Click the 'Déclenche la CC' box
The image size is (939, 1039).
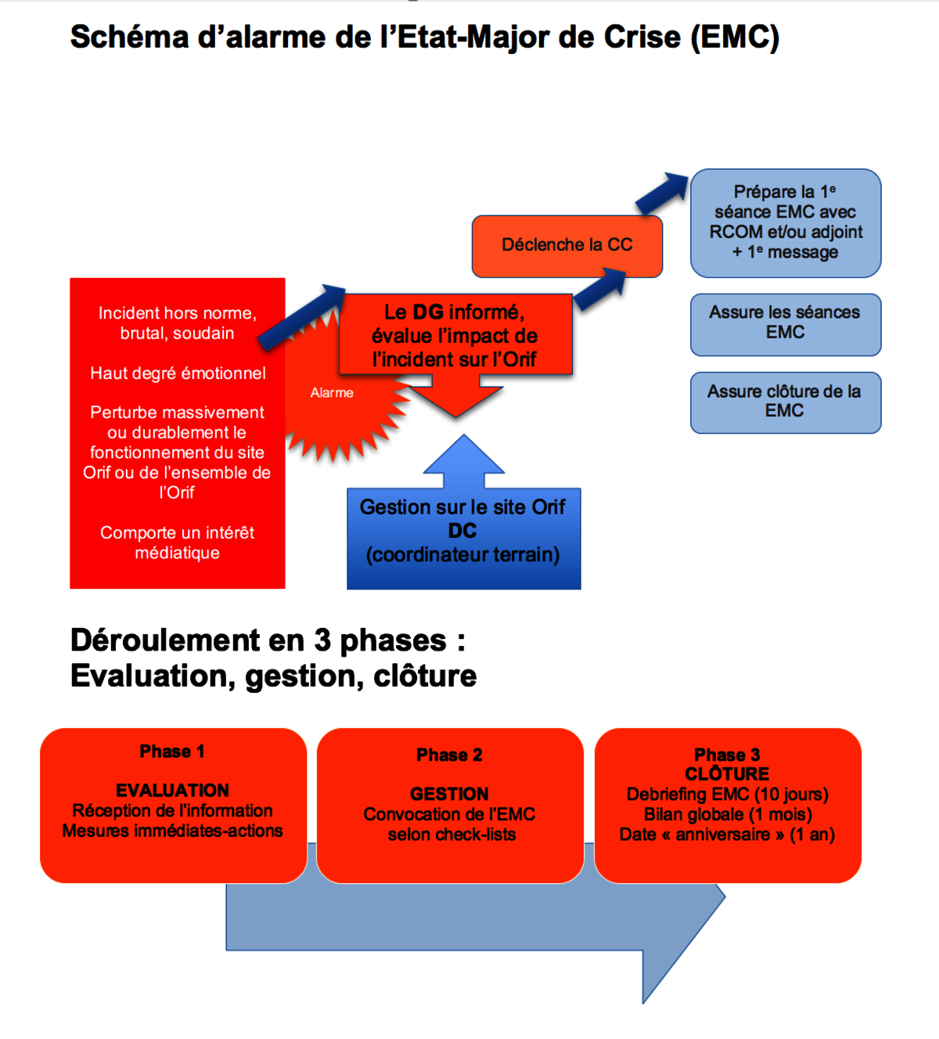point(567,245)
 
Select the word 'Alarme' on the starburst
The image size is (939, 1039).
point(332,393)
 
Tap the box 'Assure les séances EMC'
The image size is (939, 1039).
point(785,323)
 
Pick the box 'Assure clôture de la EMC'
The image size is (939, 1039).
point(785,401)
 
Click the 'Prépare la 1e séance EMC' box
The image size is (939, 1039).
point(785,222)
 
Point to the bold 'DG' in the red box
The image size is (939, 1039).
point(428,312)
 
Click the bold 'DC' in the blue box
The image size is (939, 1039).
point(462,531)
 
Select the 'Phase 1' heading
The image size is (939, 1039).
point(172,752)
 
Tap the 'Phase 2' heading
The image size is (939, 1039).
point(449,756)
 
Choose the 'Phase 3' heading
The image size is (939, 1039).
point(727,756)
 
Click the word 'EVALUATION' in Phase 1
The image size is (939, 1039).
point(172,791)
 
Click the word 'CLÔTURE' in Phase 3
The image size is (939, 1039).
point(727,774)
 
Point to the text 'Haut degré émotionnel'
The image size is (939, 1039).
point(178,373)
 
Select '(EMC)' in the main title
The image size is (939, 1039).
point(735,38)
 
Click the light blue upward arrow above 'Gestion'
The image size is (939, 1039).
point(464,462)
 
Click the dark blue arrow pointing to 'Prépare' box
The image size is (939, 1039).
point(662,193)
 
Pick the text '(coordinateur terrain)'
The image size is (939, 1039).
point(462,555)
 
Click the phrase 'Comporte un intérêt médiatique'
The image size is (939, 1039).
point(178,543)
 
